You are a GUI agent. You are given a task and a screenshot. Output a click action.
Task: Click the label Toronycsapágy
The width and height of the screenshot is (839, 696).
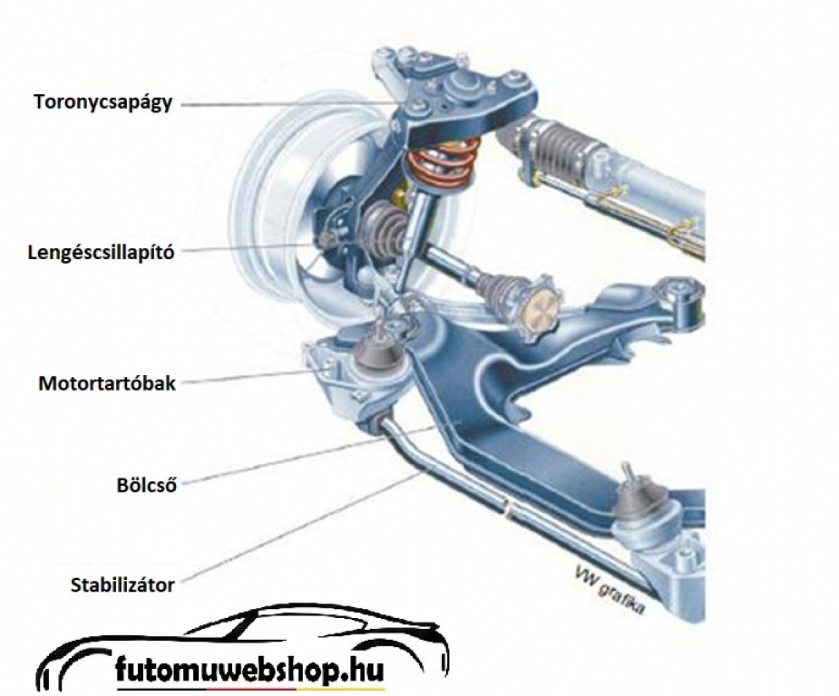104,103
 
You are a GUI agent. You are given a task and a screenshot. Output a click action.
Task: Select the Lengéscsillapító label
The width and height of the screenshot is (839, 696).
102,252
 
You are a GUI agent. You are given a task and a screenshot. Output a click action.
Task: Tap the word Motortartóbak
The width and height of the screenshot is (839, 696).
107,383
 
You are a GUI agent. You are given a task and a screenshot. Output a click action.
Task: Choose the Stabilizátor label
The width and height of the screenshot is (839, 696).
123,585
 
